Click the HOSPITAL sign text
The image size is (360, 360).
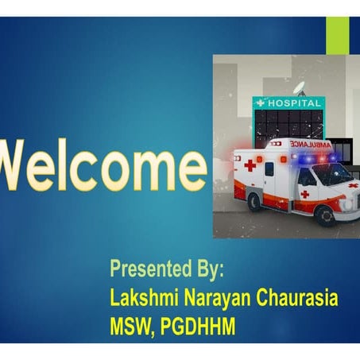pyautogui.click(x=294, y=103)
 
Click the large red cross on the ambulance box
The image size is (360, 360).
pyautogui.click(x=250, y=165)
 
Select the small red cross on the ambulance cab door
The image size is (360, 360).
pyautogui.click(x=304, y=194)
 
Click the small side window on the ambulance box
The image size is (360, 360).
pyautogui.click(x=269, y=168)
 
